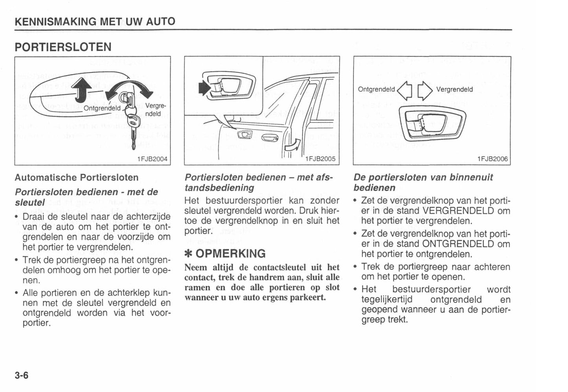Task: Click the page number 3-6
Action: pos(22,375)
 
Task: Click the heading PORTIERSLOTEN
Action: pos(63,47)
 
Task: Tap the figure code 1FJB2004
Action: pos(152,159)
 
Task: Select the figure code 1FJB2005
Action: pos(320,159)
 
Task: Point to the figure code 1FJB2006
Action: pos(493,159)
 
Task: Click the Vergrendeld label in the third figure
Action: pos(454,90)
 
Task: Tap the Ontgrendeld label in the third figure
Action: pos(376,90)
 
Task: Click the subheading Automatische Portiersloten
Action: pos(77,178)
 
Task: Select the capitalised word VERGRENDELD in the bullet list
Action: pos(458,211)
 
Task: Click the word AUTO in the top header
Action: pos(160,21)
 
